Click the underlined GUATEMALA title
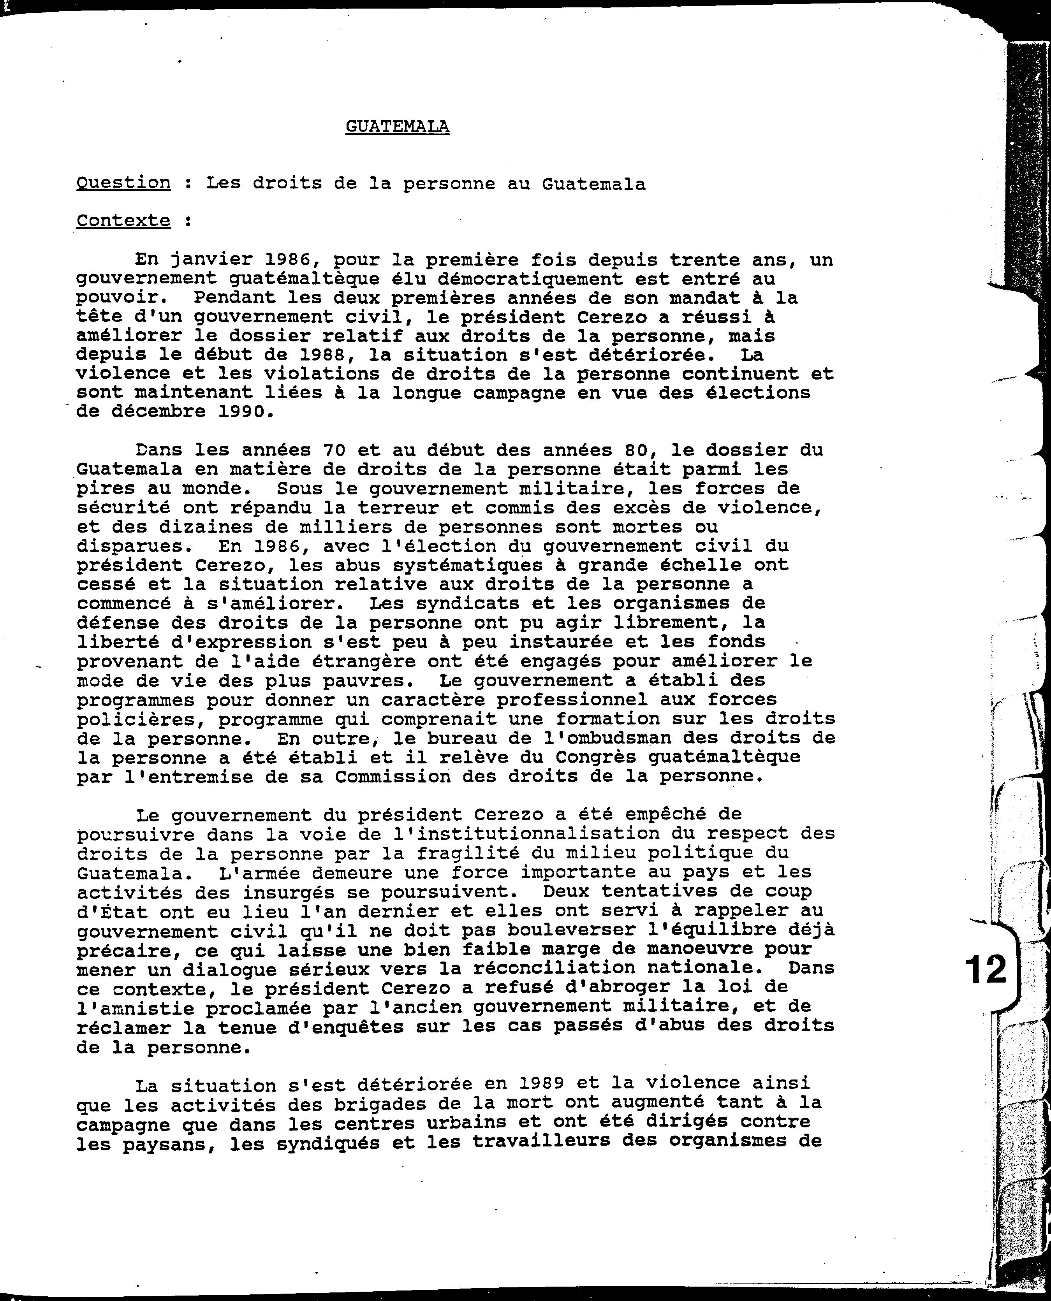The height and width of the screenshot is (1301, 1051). pyautogui.click(x=397, y=127)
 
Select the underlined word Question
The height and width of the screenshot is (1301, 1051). pyautogui.click(x=123, y=183)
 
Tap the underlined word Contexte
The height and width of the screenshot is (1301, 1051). pyautogui.click(x=123, y=220)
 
